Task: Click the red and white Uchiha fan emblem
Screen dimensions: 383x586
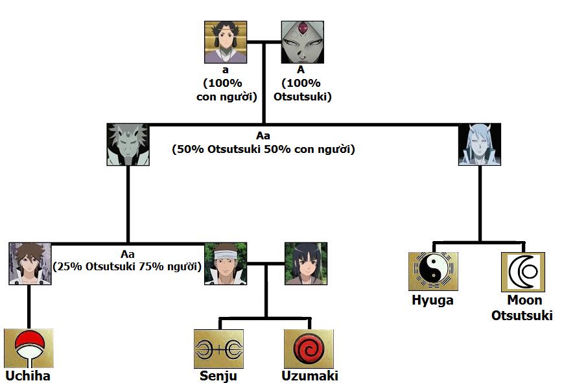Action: (x=29, y=349)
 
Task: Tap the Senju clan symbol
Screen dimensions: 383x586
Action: (x=218, y=349)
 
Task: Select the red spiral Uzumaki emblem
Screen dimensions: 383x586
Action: (x=309, y=349)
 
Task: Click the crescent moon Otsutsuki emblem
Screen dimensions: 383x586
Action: (x=522, y=272)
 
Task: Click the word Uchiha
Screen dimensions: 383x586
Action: (x=28, y=376)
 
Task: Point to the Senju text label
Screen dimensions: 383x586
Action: (x=218, y=376)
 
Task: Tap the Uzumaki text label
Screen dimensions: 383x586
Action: (x=310, y=376)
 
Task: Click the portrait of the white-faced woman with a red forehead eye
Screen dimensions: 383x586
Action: (x=302, y=42)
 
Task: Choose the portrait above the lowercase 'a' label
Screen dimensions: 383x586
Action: (x=226, y=42)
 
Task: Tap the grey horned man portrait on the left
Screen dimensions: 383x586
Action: (x=128, y=145)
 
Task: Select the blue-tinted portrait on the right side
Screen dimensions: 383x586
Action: (x=480, y=145)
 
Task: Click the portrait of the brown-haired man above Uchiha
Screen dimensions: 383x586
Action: (x=30, y=264)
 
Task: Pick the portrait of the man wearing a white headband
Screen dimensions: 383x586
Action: (x=226, y=264)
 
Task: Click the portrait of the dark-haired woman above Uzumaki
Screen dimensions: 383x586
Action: (x=306, y=264)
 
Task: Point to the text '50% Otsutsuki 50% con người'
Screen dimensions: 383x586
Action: (x=263, y=149)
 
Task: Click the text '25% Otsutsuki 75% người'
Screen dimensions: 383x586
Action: (x=127, y=266)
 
